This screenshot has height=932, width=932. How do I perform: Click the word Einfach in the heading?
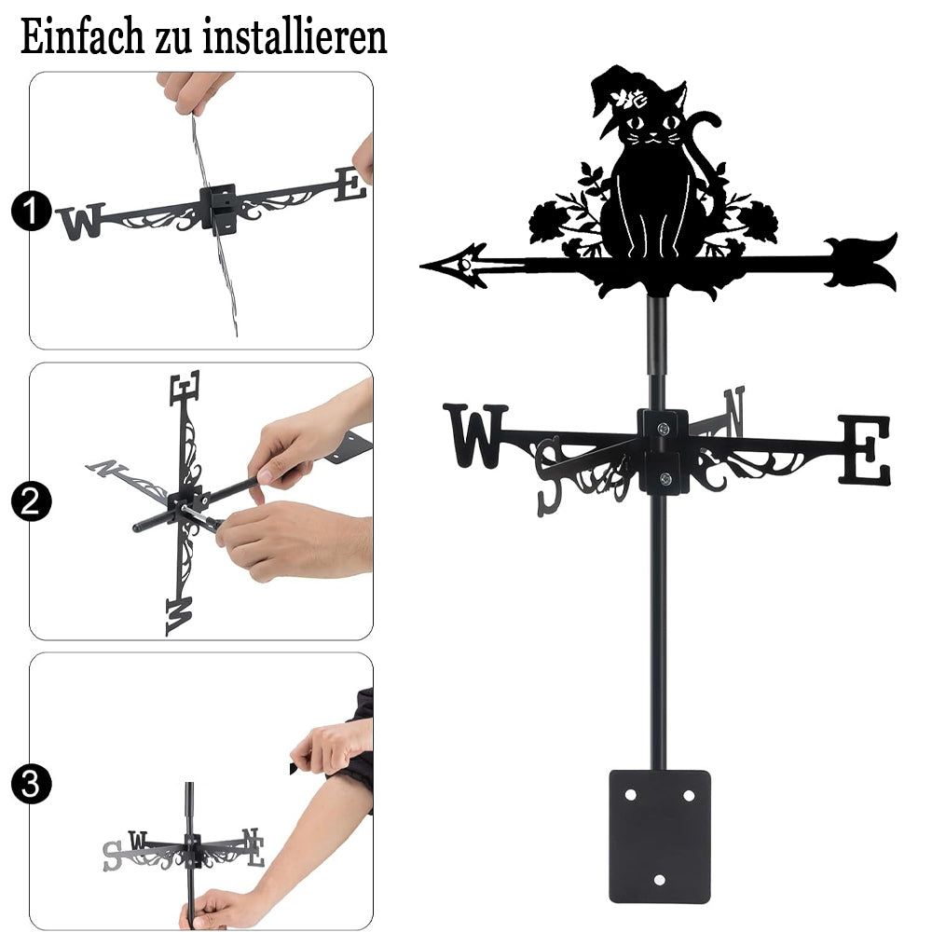click(x=82, y=36)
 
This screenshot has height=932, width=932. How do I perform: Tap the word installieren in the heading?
click(x=295, y=36)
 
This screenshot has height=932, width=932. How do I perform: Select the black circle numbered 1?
click(x=31, y=211)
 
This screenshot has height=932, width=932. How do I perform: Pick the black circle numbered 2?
click(x=31, y=501)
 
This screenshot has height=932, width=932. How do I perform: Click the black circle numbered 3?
click(x=31, y=784)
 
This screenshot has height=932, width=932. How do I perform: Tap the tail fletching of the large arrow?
click(x=862, y=262)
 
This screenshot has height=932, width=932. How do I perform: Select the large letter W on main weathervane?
click(x=475, y=435)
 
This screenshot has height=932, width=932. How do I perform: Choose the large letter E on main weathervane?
click(x=866, y=450)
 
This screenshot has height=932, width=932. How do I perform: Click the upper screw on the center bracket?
click(x=664, y=428)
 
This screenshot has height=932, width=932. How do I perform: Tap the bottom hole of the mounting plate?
click(x=660, y=880)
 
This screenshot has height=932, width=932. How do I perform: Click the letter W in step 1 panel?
click(x=81, y=221)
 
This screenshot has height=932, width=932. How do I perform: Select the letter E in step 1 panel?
click(x=350, y=185)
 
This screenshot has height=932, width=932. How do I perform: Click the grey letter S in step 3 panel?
click(x=111, y=856)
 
